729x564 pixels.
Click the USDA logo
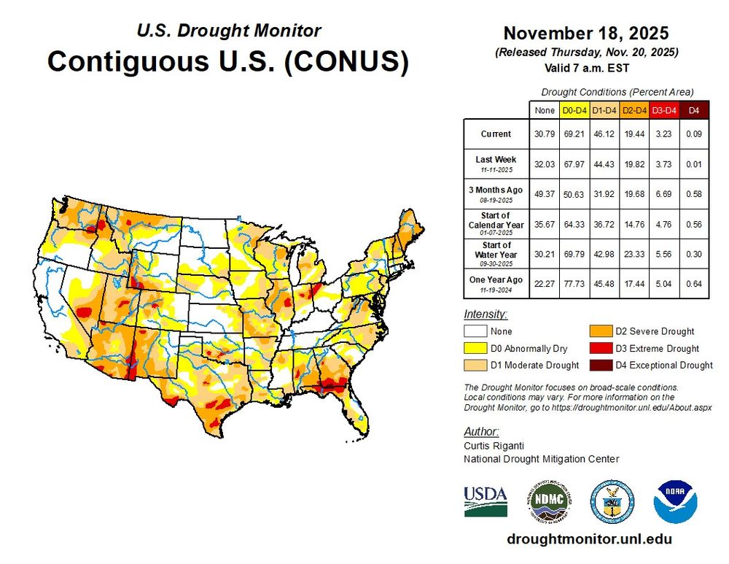[486, 501]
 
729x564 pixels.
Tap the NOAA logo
[675, 501]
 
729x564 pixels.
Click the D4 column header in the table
[695, 110]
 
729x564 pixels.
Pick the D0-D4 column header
[573, 110]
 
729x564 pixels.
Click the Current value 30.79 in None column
[544, 134]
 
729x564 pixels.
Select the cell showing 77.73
[573, 283]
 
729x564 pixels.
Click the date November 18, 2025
[586, 34]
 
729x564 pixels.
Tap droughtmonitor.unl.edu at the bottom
[588, 539]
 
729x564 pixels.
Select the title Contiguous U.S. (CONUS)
[227, 61]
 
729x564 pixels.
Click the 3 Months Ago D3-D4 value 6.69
[664, 193]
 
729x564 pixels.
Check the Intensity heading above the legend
[486, 314]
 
